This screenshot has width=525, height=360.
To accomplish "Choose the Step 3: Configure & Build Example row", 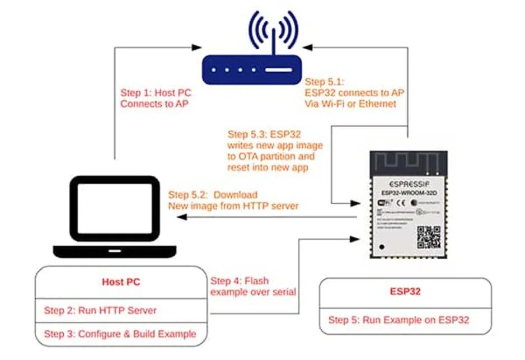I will click(120, 334).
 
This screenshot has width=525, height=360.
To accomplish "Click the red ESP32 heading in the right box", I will click(405, 291).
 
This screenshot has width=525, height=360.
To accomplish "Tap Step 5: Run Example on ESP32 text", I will click(399, 320).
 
